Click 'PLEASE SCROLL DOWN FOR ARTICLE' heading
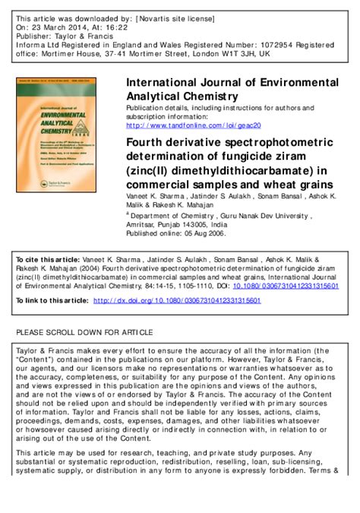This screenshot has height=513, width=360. [84, 333]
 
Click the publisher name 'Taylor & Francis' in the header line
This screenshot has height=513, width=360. [84, 35]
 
